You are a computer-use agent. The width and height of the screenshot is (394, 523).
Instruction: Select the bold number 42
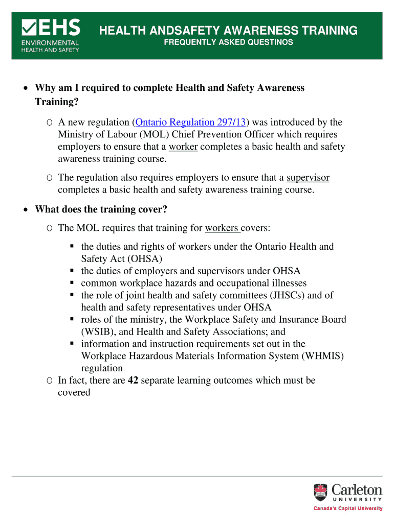click(133, 381)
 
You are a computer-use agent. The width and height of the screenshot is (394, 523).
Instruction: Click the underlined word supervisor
click(308, 178)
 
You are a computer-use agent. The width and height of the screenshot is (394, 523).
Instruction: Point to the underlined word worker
click(183, 147)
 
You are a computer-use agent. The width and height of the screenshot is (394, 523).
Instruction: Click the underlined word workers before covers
click(222, 228)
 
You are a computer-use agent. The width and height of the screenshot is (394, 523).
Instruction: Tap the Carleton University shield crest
click(320, 492)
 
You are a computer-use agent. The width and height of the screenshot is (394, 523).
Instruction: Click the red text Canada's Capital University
click(347, 508)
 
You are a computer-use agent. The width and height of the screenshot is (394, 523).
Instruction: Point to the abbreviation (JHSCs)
click(278, 295)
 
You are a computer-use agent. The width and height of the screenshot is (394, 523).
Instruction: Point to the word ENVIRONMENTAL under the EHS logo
click(50, 43)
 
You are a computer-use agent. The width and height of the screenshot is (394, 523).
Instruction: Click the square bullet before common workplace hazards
click(72, 283)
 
